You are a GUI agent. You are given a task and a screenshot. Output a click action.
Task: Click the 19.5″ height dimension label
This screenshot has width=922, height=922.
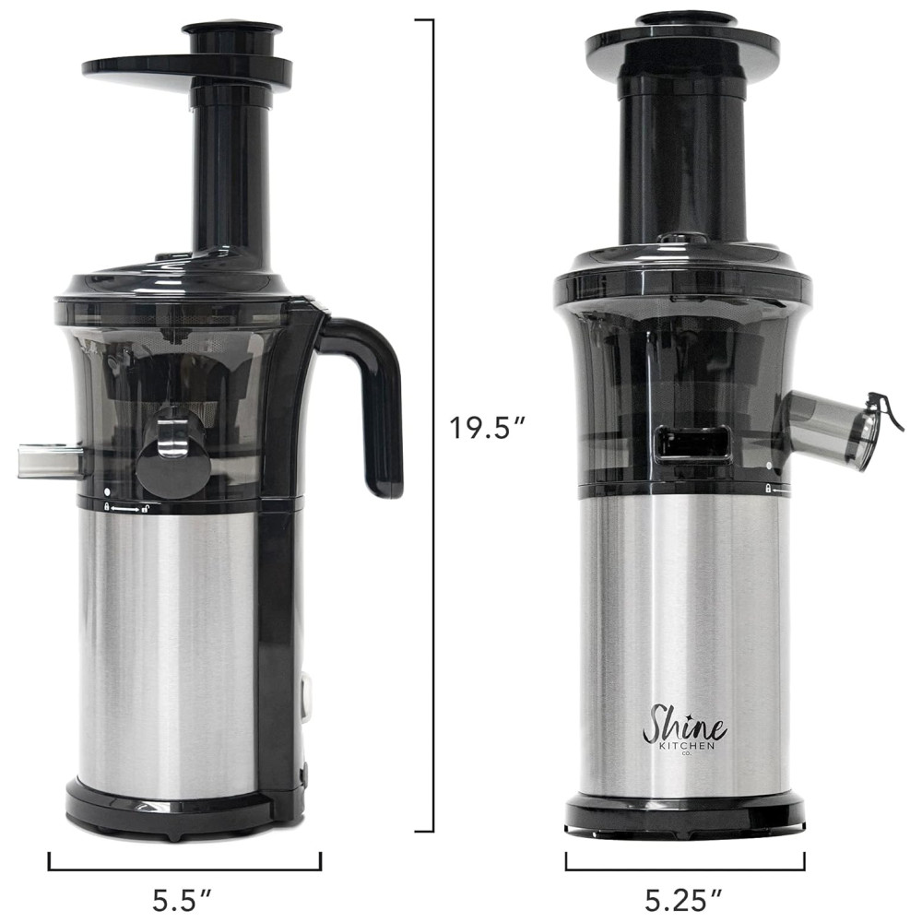487,428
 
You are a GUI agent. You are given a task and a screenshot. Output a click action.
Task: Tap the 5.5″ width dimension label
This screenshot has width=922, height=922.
183,900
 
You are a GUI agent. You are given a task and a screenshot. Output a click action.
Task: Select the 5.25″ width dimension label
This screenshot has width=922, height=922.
684,900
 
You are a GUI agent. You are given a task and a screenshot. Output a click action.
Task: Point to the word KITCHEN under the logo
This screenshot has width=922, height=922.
687,746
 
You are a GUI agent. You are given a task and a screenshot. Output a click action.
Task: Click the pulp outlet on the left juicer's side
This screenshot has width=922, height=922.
50,460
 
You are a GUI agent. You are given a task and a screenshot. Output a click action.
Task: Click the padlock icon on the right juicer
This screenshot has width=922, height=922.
768,489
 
